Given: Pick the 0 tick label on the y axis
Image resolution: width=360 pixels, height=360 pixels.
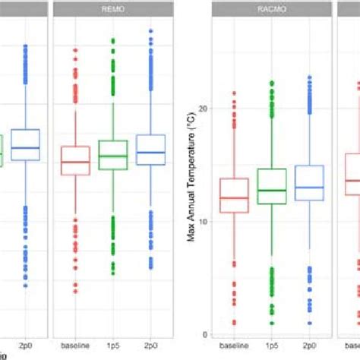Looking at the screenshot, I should point(204,334).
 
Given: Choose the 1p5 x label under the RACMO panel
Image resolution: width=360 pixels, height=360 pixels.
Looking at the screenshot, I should point(267,346).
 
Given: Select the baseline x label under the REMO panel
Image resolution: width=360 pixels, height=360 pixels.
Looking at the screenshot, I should point(75,346).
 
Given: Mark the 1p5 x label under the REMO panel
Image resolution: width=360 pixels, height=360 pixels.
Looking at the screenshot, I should point(112,346).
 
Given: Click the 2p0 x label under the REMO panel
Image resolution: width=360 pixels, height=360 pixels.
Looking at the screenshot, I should point(150,346).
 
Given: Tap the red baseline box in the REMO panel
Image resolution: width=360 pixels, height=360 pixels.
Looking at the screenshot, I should point(75,160).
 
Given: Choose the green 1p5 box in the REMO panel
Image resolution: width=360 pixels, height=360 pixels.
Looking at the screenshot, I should point(112,155).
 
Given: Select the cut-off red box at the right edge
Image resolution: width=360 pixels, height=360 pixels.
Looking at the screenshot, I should point(352,175).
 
